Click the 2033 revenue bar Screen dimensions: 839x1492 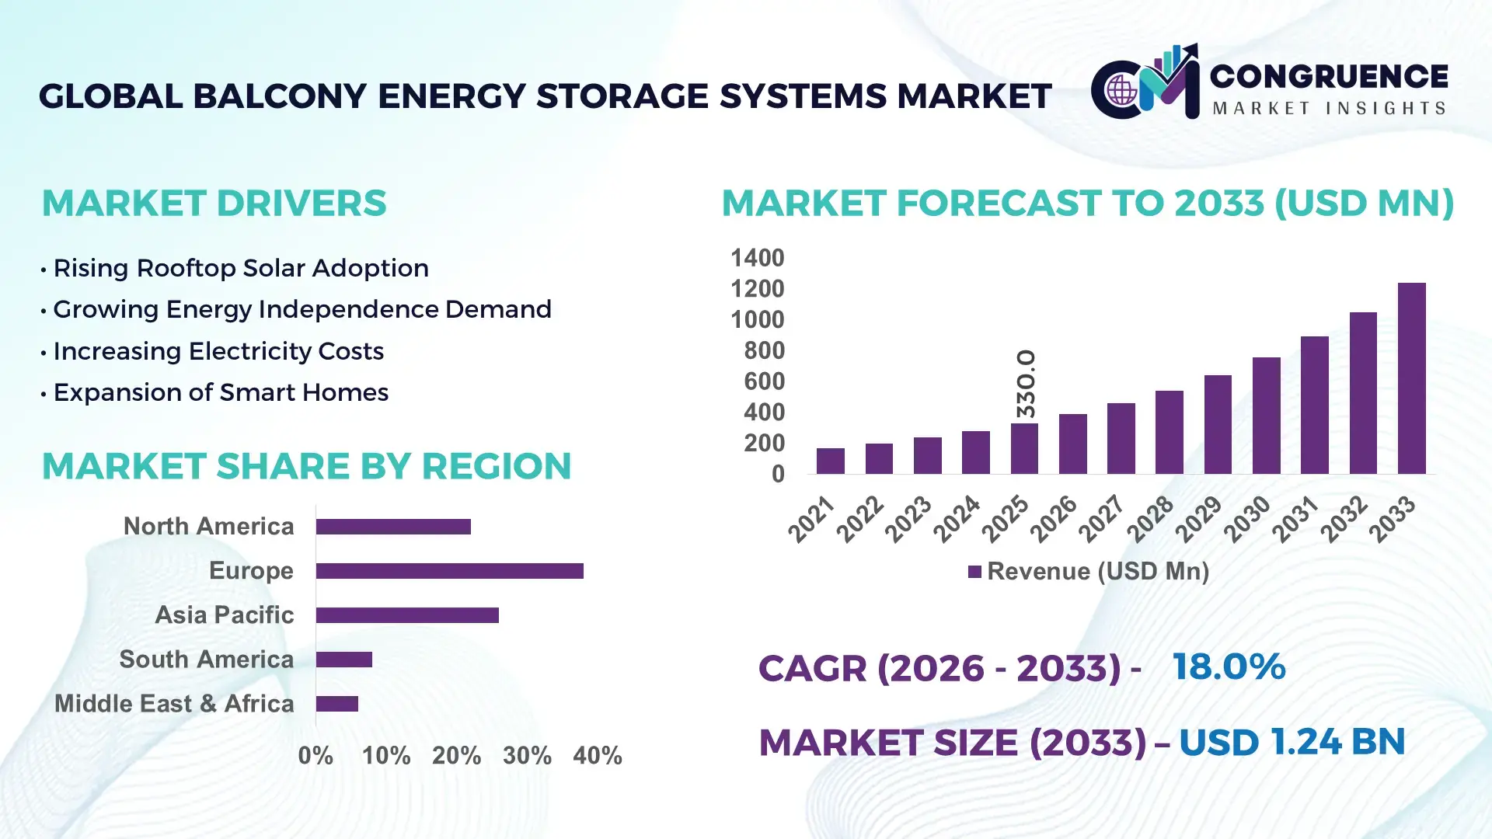point(1411,378)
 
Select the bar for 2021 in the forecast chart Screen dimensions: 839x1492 point(830,461)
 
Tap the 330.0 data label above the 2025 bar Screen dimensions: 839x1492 point(1026,383)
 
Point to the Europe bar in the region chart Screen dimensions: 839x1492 point(449,571)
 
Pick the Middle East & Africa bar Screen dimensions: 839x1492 point(336,704)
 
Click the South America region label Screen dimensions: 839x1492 point(206,660)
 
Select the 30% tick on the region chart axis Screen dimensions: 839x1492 point(527,756)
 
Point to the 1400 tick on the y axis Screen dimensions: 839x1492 point(757,258)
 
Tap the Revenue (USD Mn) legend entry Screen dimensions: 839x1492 point(1088,572)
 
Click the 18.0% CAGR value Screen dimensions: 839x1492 point(1229,667)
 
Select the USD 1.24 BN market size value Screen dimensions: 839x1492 point(1292,742)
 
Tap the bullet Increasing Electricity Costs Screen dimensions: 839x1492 point(218,351)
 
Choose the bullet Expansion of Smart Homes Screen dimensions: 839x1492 point(220,392)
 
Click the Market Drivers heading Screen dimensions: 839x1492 point(214,204)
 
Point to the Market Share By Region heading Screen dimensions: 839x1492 point(306,466)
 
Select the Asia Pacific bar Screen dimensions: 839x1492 point(407,615)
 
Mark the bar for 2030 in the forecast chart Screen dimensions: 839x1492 point(1266,416)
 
